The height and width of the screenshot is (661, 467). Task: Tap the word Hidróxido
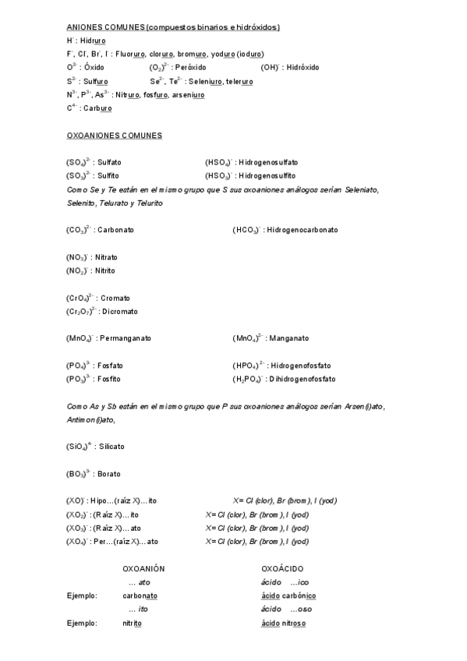302,68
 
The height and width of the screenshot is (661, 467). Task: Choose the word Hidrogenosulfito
267,176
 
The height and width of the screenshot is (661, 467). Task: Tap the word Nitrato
106,257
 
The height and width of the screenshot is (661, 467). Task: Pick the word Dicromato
120,312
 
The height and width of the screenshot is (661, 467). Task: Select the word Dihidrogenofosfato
302,380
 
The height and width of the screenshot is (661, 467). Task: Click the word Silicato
111,447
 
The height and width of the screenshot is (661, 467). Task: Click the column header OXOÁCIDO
282,569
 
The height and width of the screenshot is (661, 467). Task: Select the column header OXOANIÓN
143,569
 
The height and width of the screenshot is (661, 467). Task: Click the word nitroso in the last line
294,624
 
